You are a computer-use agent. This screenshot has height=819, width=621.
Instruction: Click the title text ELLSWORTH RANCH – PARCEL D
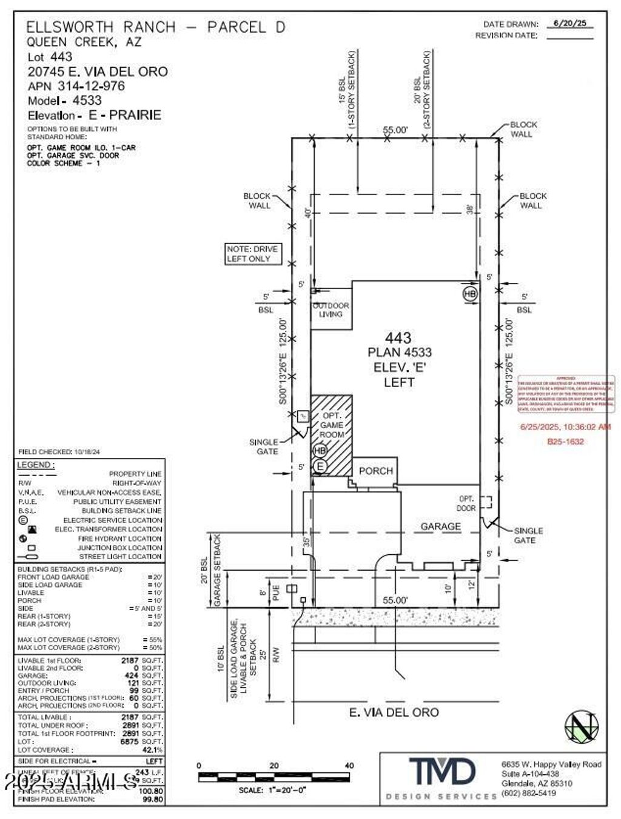click(x=155, y=27)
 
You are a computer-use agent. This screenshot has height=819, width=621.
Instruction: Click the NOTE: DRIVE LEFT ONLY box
click(x=252, y=254)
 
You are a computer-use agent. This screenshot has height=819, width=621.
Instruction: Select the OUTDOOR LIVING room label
click(x=331, y=310)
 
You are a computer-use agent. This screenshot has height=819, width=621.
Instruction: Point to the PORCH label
click(x=375, y=471)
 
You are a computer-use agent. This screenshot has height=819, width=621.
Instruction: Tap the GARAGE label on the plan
click(x=440, y=526)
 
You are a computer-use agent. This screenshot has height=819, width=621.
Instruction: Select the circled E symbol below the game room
click(x=320, y=466)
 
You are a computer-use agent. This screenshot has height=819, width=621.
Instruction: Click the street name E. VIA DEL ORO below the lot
click(x=394, y=712)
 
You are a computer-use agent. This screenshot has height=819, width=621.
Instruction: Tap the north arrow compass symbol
click(x=581, y=726)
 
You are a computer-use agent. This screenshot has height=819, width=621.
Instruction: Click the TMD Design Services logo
click(x=442, y=774)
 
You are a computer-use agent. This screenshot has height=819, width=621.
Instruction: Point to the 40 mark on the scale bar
click(x=349, y=766)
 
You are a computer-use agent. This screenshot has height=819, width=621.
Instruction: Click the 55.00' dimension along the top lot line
click(x=395, y=130)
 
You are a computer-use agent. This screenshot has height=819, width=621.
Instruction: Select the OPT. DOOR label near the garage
click(x=466, y=503)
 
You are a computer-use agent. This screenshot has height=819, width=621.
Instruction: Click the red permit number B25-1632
click(x=565, y=442)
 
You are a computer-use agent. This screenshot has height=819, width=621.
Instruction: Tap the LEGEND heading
click(x=35, y=465)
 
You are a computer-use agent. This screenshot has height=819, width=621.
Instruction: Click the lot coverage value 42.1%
click(x=152, y=749)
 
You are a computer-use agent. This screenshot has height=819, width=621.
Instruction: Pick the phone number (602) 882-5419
click(x=528, y=793)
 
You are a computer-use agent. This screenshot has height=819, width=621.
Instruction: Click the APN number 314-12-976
click(x=91, y=86)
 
